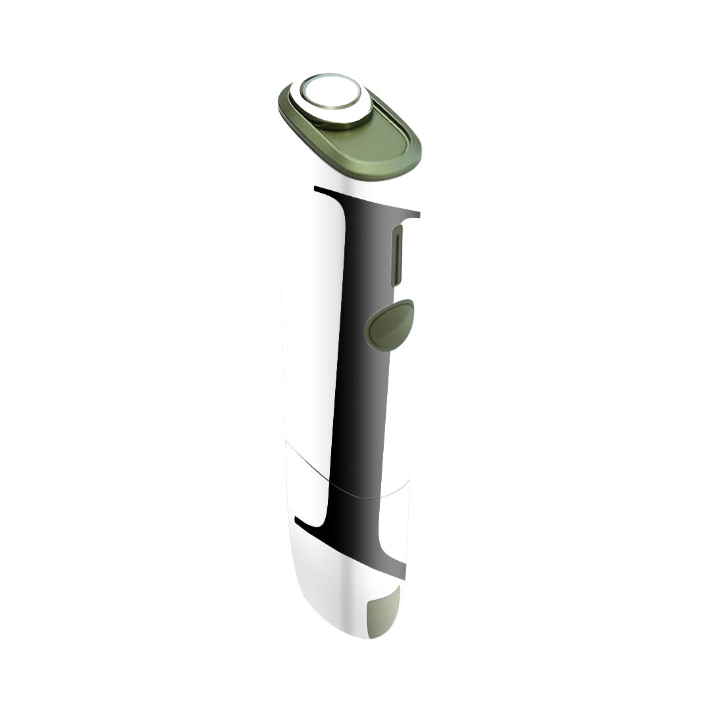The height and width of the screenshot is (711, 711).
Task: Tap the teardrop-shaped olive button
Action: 389,325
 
